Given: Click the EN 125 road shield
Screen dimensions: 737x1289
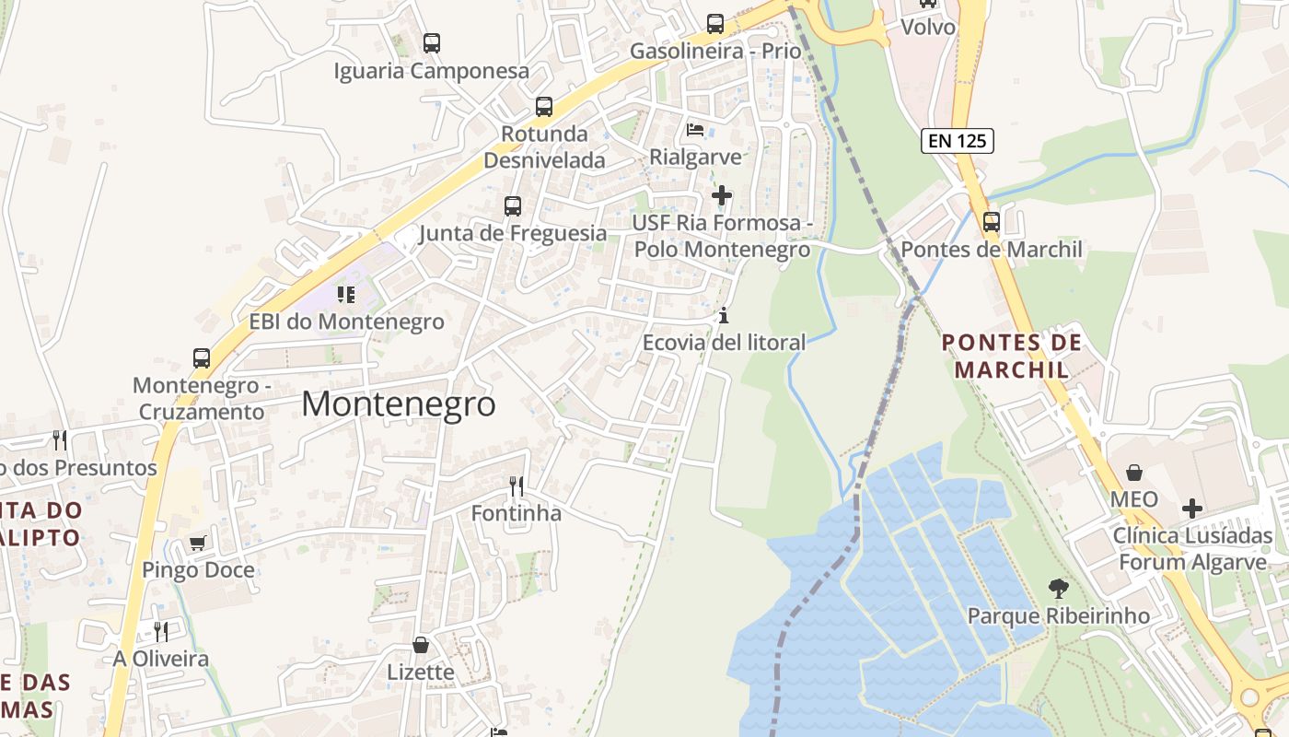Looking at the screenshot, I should coord(957,141).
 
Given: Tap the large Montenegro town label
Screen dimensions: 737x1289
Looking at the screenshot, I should coord(398,404).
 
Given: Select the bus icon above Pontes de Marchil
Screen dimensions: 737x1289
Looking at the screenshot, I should coord(991,222).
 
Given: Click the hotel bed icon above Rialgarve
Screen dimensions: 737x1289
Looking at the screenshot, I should coord(695,129).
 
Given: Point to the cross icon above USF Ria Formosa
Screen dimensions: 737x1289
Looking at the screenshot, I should coord(722,195).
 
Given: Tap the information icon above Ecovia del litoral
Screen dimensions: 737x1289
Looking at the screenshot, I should coord(724,316).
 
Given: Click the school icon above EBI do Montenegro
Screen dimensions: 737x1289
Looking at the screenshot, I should coord(346,295).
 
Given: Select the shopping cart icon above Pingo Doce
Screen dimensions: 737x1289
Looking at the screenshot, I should coord(197,543).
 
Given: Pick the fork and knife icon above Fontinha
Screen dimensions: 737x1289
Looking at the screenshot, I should coord(517,485).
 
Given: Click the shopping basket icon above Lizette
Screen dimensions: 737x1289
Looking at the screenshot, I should coord(421,645).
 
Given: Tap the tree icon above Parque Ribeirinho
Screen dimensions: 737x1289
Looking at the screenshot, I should coord(1059,588).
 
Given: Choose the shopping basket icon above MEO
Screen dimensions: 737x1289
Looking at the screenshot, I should coord(1134,473).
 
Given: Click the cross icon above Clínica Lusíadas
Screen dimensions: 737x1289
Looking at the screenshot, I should coord(1192,508).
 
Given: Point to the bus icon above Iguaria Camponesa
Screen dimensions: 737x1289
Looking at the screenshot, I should coord(431,42).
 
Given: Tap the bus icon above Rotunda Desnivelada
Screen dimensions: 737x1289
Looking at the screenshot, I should coord(544,107).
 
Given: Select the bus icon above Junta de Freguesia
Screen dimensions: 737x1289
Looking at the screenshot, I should coord(513,206).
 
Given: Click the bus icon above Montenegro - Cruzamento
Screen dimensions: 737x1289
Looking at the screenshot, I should coord(202,358).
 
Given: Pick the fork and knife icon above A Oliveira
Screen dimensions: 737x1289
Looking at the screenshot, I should coord(161,631).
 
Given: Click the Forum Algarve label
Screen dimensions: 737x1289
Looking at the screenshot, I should coord(1192,563).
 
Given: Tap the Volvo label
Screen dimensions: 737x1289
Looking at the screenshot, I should coord(928,27).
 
